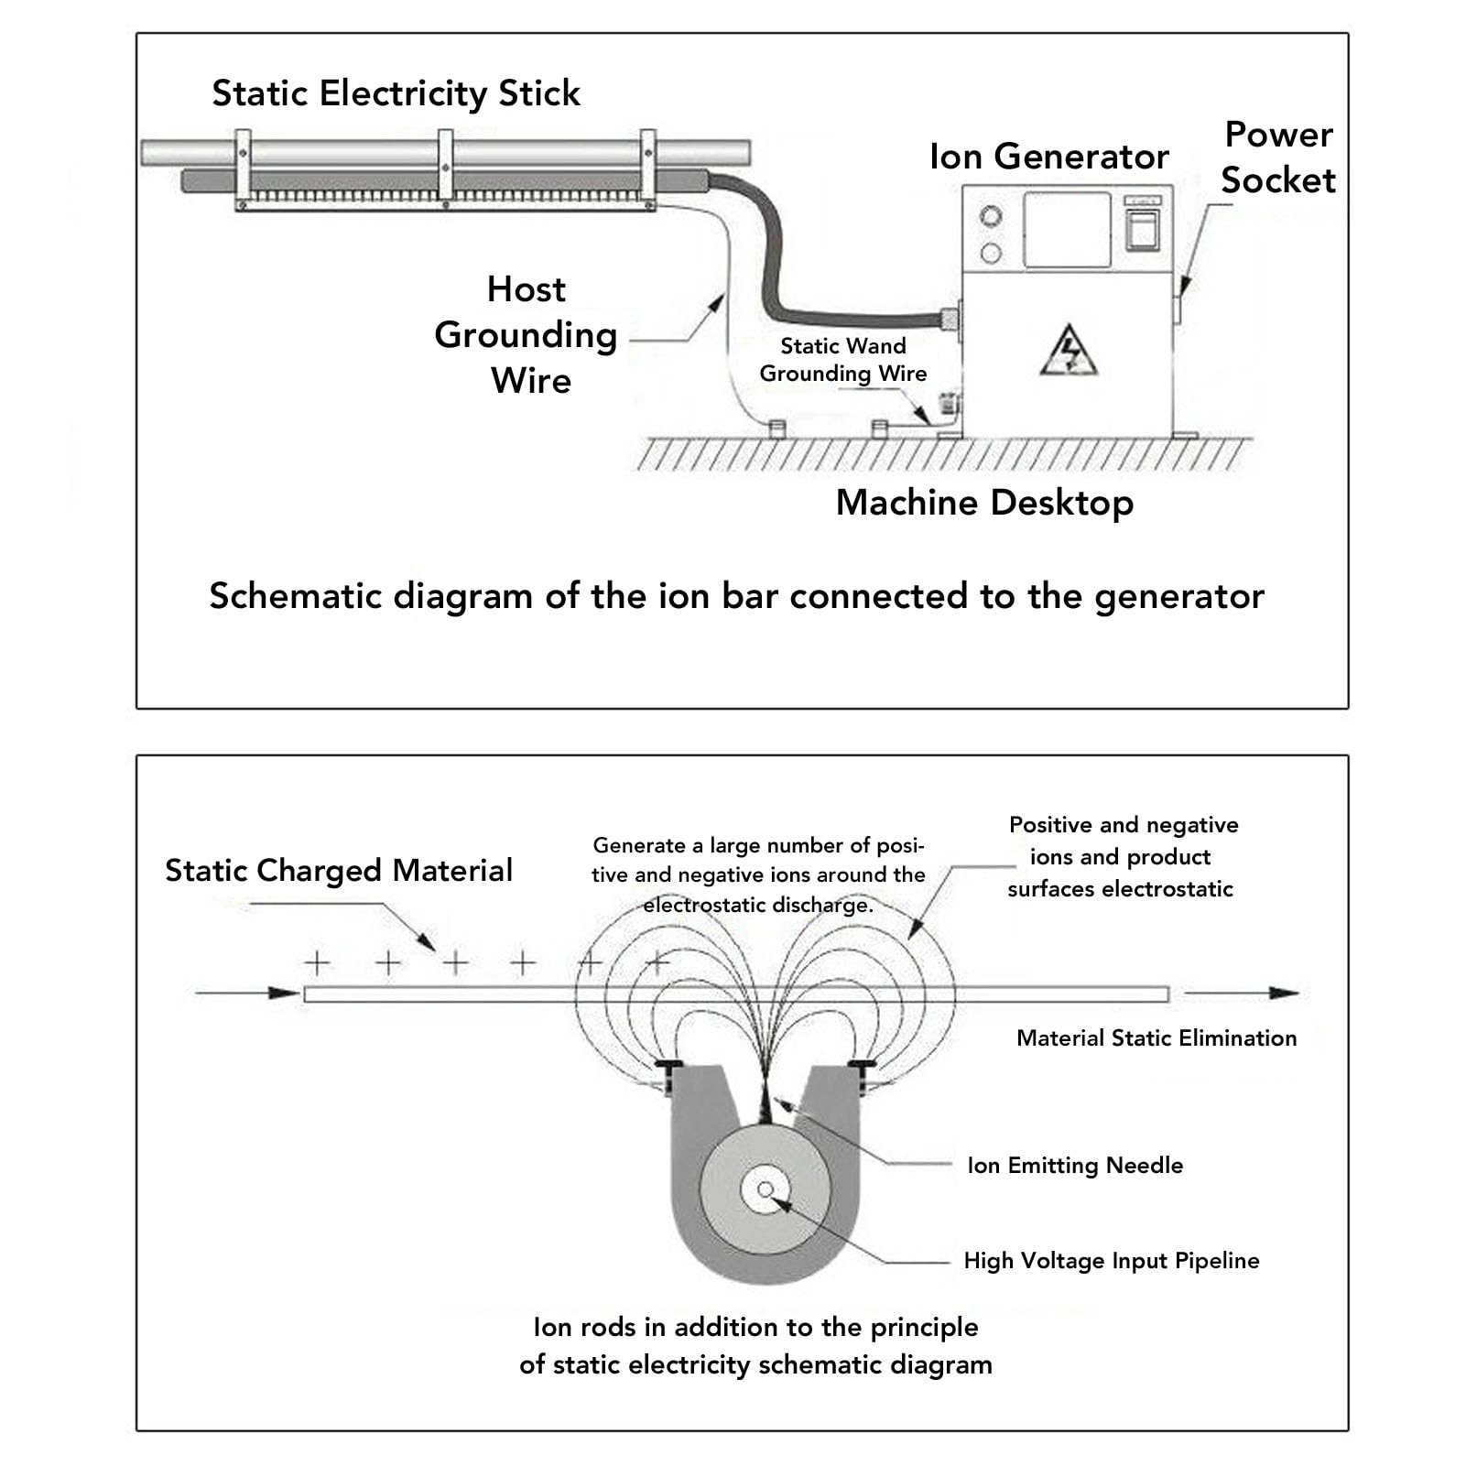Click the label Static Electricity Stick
click(x=396, y=93)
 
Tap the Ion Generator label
click(x=1048, y=157)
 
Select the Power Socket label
click(x=1278, y=157)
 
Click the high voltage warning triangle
click(x=1069, y=350)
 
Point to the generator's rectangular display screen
click(x=1067, y=230)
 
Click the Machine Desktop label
click(x=984, y=503)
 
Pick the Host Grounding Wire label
click(x=527, y=334)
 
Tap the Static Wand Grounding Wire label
click(x=843, y=360)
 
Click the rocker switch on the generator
click(x=1142, y=229)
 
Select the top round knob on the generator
click(x=991, y=217)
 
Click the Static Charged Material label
click(x=339, y=870)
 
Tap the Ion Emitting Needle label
click(x=1075, y=1165)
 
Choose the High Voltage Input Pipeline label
click(x=1112, y=1261)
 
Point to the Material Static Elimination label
click(x=1157, y=1037)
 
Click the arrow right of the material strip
click(x=1242, y=993)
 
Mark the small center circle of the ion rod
click(x=766, y=1189)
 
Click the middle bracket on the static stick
click(x=446, y=165)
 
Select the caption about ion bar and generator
click(x=737, y=596)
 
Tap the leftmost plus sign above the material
click(x=317, y=962)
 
